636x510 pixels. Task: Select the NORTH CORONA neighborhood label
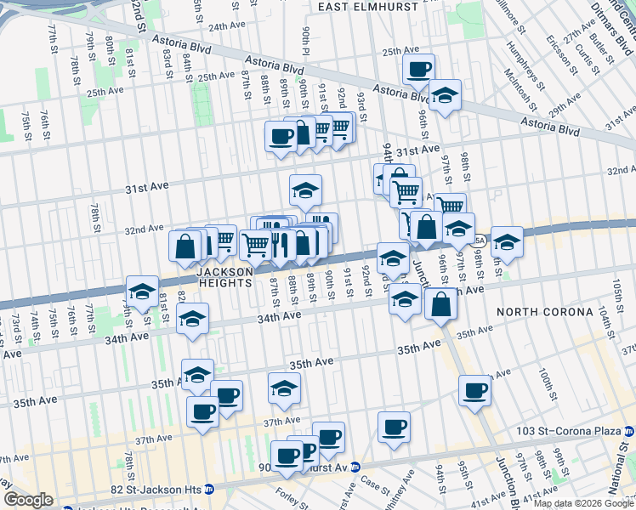[x=548, y=312]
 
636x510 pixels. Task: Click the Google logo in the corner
[x=28, y=500]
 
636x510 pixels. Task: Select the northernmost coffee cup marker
[x=418, y=70]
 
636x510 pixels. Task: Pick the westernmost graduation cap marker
[x=142, y=291]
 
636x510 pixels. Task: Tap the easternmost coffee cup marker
[x=475, y=390]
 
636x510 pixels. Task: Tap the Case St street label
[x=374, y=481]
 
